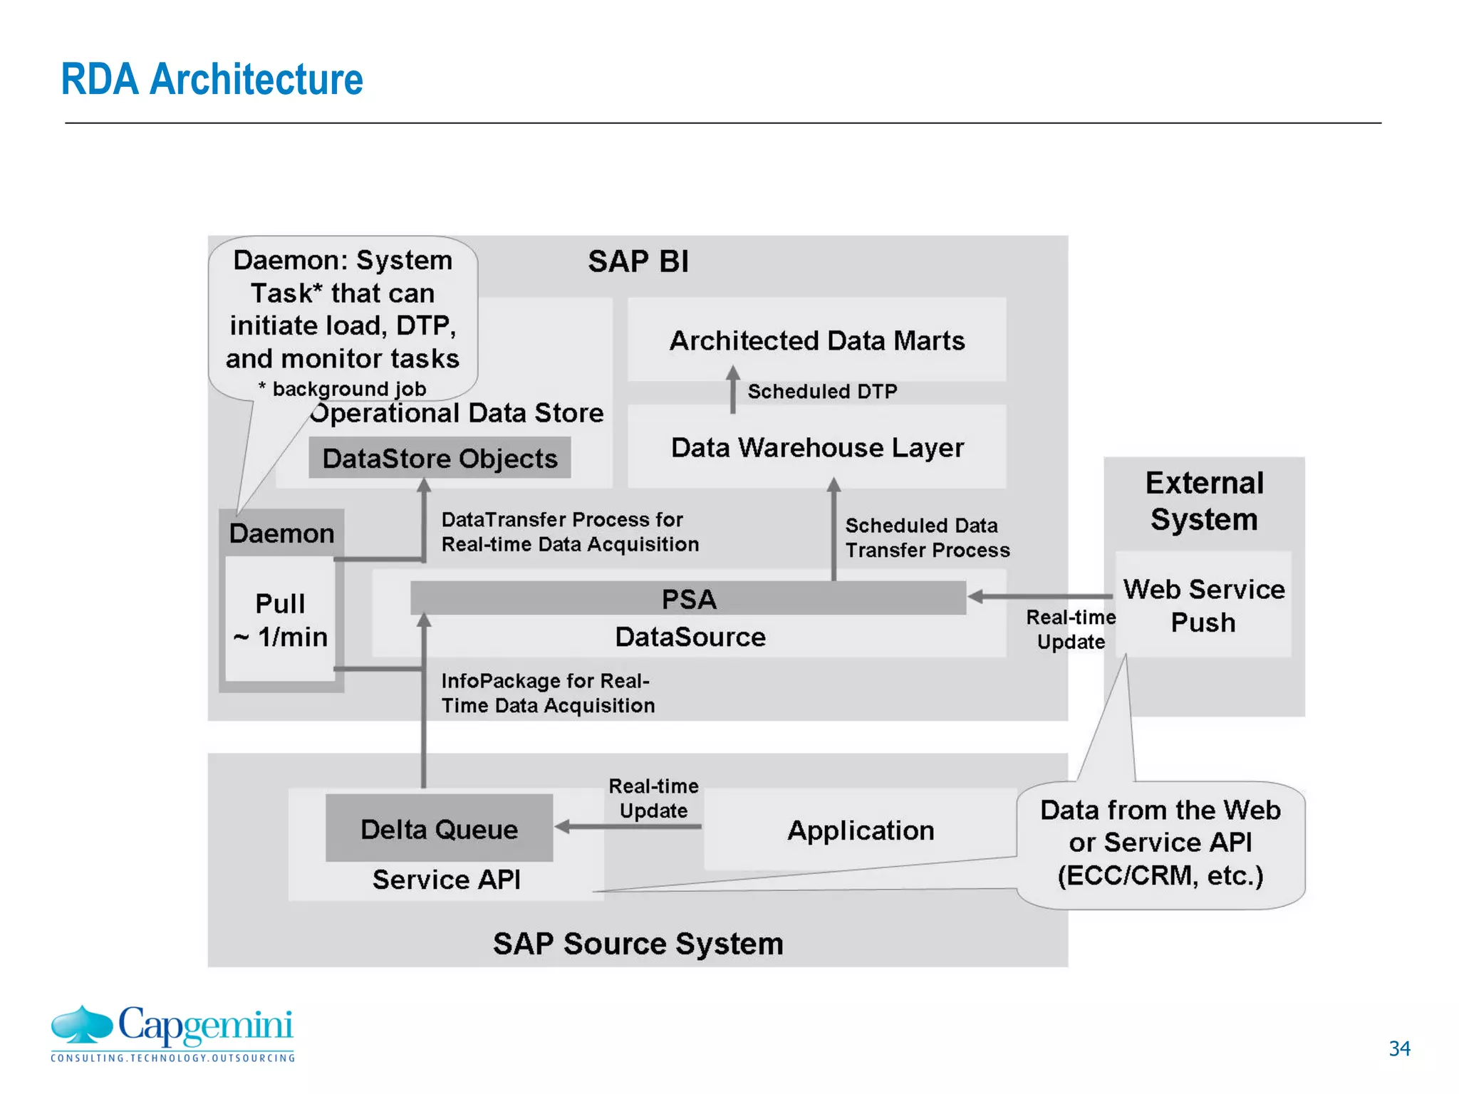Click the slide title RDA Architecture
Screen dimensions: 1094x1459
[212, 79]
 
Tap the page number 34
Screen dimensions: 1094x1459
[1398, 1048]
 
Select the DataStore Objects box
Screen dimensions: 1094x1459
[440, 458]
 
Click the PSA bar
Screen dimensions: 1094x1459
[687, 598]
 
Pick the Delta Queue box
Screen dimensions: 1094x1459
[439, 828]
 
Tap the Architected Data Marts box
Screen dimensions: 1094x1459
[816, 340]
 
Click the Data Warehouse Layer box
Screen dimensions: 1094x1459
[816, 447]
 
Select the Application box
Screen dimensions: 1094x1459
[860, 830]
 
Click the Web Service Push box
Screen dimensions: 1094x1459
[1203, 605]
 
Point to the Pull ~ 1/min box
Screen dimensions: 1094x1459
[280, 620]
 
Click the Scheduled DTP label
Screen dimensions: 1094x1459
[822, 391]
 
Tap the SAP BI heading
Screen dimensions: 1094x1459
[638, 261]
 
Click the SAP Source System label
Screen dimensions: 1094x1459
[638, 943]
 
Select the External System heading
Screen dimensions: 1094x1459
[1204, 501]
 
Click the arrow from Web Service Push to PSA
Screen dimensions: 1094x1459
[1040, 596]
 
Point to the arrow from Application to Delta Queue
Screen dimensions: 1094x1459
[627, 827]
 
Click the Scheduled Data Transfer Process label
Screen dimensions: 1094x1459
[927, 538]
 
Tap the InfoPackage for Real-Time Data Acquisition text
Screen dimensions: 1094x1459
[547, 693]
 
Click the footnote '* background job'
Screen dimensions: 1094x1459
[342, 389]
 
